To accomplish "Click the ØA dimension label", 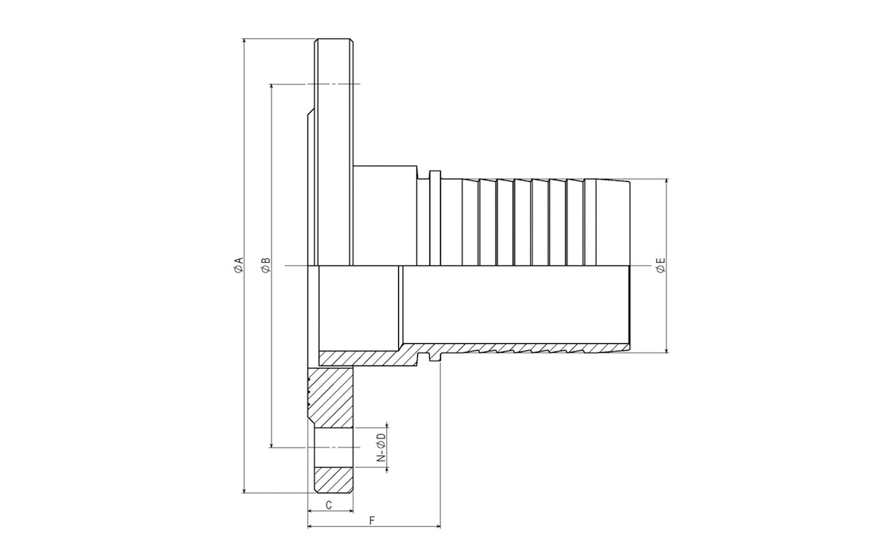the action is click(x=238, y=265).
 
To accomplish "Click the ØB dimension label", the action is click(x=266, y=265).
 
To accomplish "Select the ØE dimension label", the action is click(x=661, y=265).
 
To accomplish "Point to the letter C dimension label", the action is click(x=329, y=505).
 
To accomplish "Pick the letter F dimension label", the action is click(x=373, y=520).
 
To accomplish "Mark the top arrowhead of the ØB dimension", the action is click(x=271, y=87).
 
